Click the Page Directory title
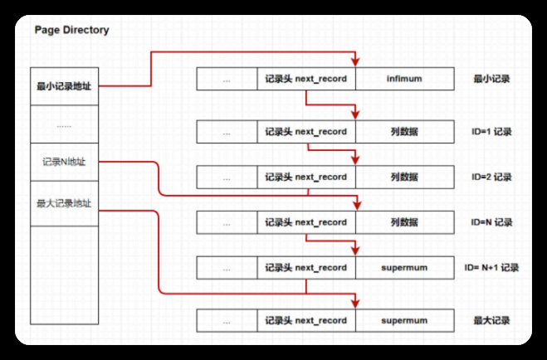point(71,31)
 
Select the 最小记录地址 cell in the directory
point(64,85)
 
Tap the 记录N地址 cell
point(64,162)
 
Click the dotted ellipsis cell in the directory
point(64,125)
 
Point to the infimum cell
point(404,80)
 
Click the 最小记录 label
point(491,80)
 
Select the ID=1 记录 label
point(491,131)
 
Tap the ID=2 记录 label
point(491,177)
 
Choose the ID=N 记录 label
point(491,222)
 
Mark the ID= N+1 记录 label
point(492,267)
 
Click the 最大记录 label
point(491,320)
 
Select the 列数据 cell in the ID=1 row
point(404,131)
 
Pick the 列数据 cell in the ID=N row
point(404,222)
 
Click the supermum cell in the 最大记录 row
point(404,320)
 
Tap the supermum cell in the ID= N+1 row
point(404,267)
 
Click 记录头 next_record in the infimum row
point(305,80)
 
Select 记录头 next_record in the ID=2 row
point(305,177)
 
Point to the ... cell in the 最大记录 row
point(227,320)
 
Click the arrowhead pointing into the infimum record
point(355,64)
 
